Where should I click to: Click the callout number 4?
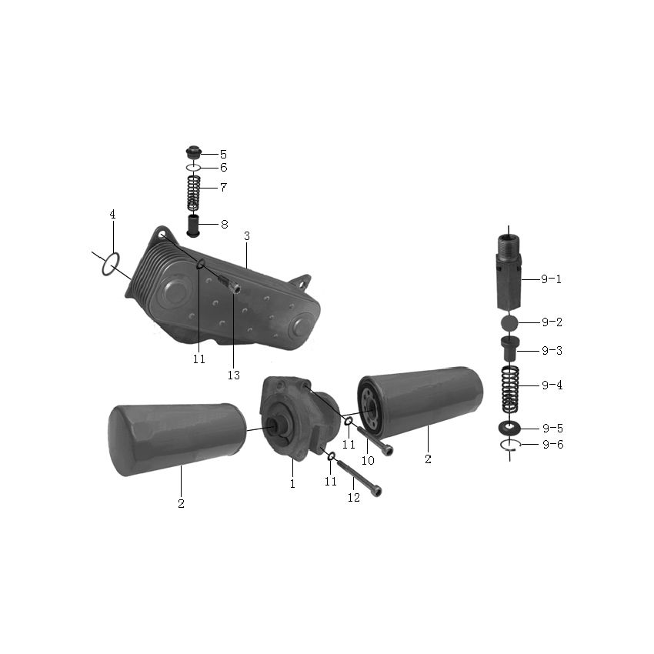(x=112, y=215)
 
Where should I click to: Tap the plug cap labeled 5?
(x=194, y=152)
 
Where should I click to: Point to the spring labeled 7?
(x=193, y=193)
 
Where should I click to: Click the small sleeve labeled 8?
(x=193, y=225)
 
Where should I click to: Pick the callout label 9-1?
(x=551, y=279)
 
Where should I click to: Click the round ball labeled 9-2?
(x=509, y=323)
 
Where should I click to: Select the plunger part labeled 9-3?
(x=509, y=349)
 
